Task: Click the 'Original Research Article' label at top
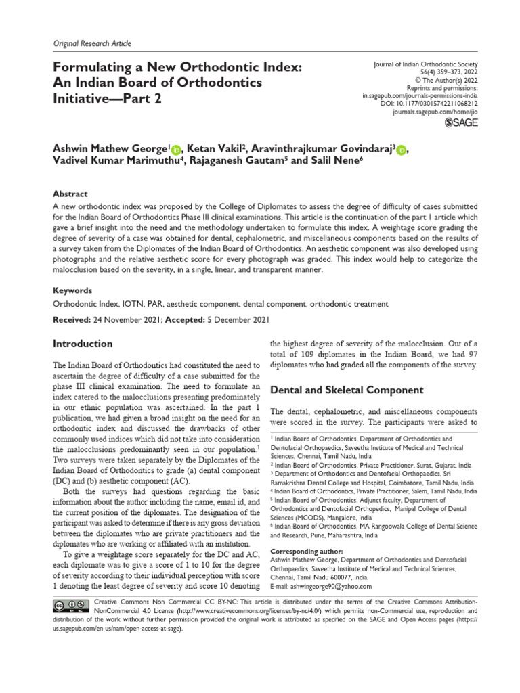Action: (x=92, y=43)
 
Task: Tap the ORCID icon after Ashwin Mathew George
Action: (x=177, y=150)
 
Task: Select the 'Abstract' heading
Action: (x=70, y=193)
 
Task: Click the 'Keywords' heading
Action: (x=73, y=290)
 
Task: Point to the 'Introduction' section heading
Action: (x=83, y=344)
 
